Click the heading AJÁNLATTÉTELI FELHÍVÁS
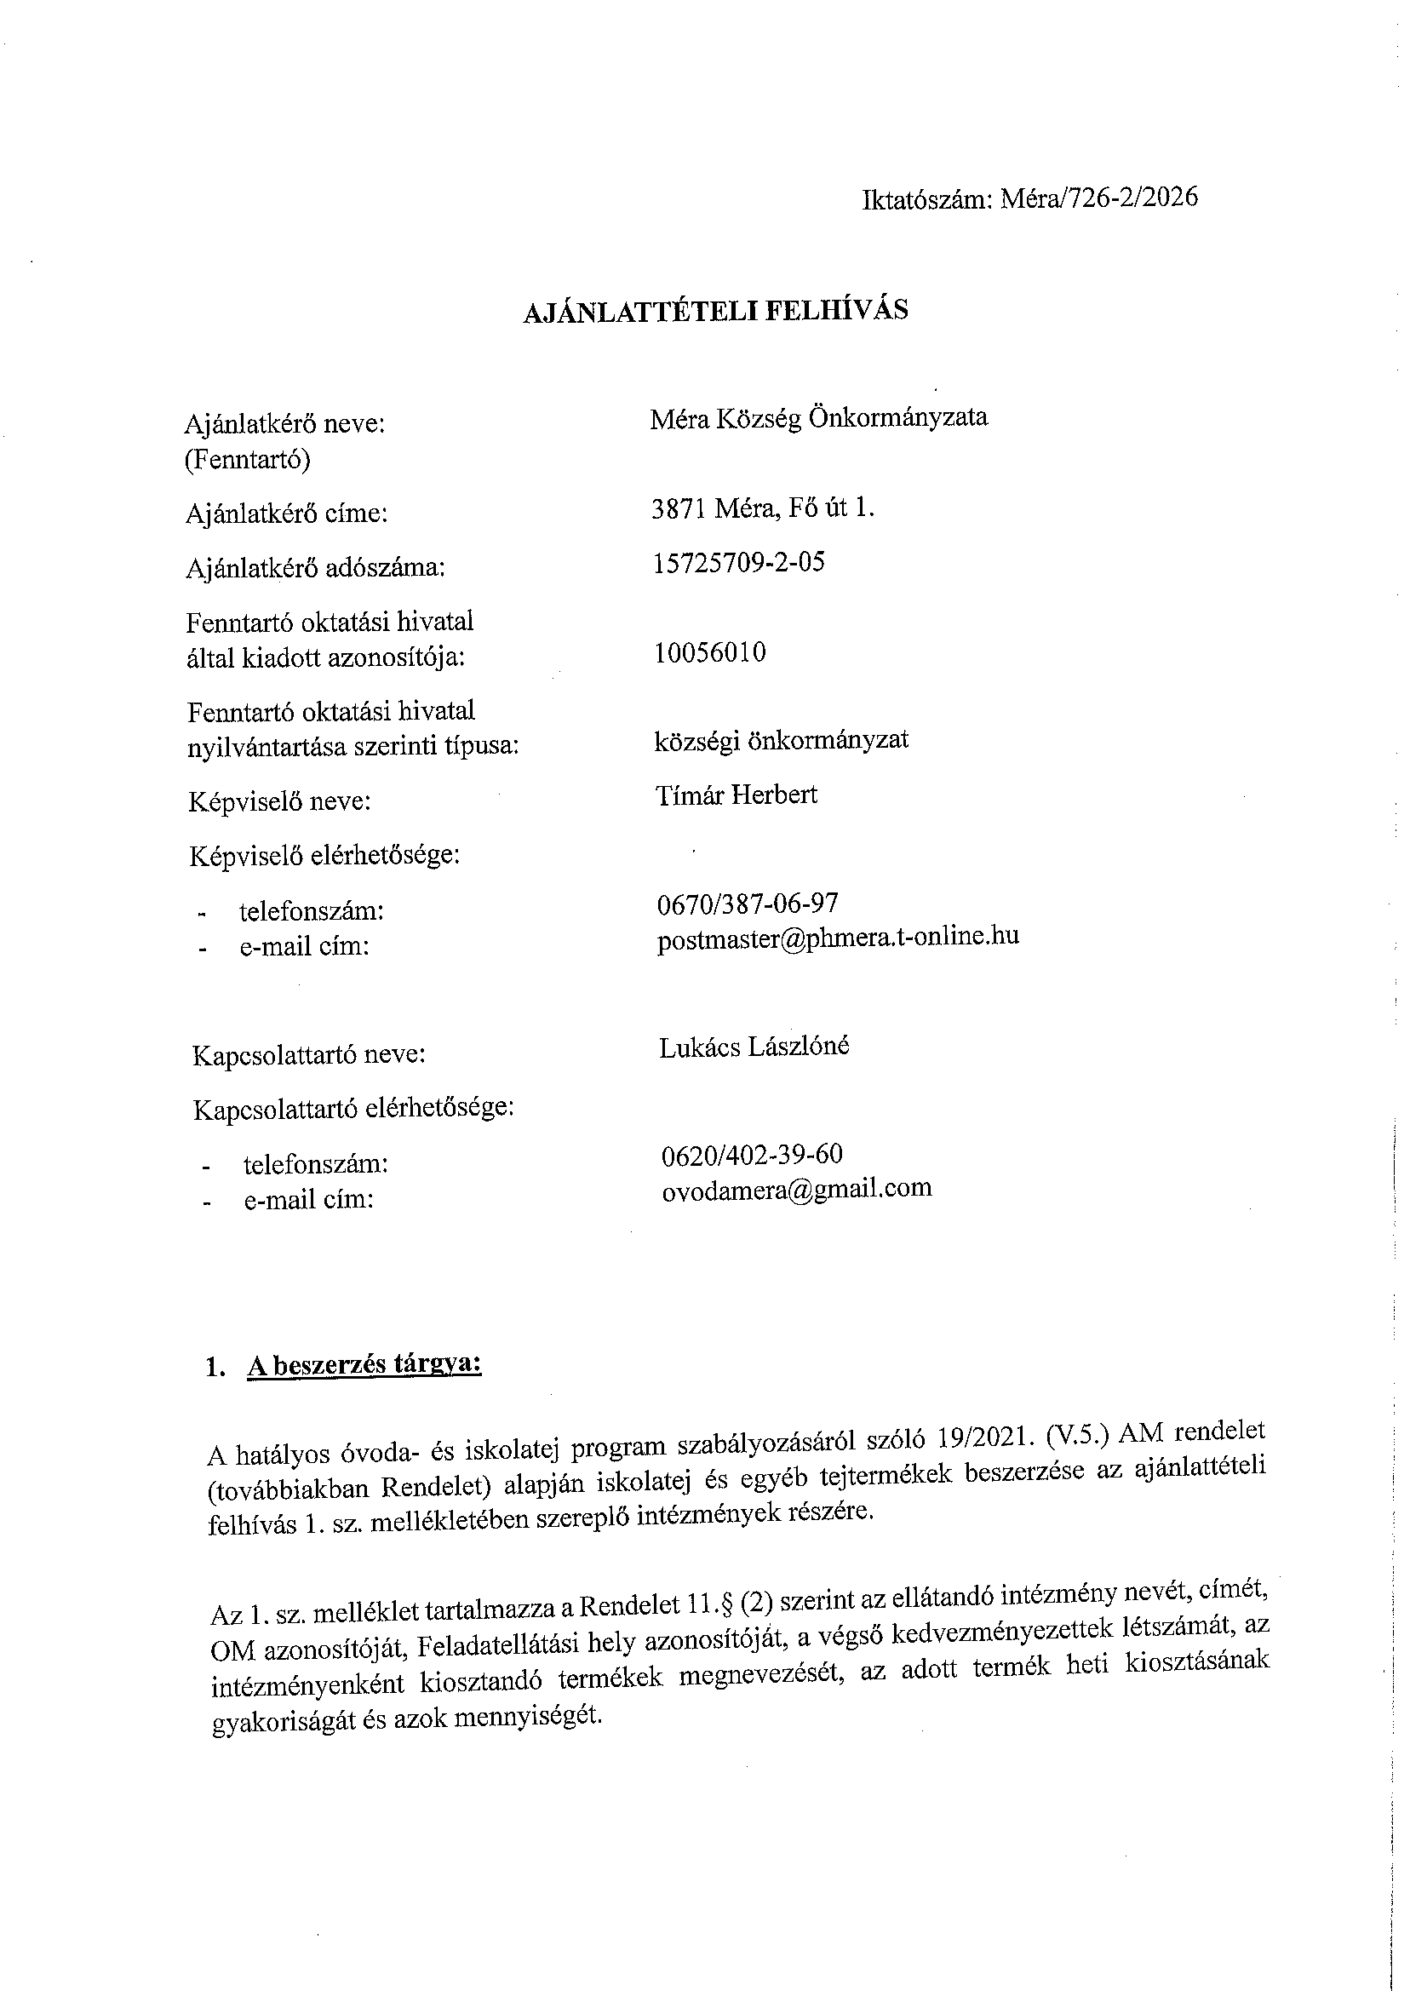coord(715,311)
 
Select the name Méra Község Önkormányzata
coord(819,418)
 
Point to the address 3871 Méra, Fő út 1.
coord(762,508)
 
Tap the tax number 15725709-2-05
coord(738,563)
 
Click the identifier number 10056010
coord(710,652)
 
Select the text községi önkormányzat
coord(782,740)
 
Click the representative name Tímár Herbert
coord(737,795)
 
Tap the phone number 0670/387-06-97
coord(748,904)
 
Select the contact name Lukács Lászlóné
coord(754,1047)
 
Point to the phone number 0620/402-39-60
coord(752,1155)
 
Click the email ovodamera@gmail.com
coord(796,1189)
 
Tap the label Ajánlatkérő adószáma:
coord(315,568)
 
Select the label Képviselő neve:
coord(279,800)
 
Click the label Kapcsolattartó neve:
coord(308,1055)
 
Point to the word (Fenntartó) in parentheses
coord(248,458)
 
